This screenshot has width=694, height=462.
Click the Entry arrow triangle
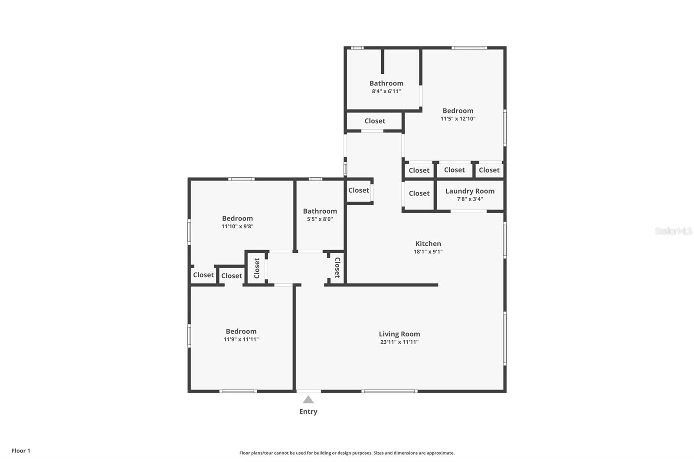click(x=308, y=400)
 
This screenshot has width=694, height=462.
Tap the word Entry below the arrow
click(x=308, y=412)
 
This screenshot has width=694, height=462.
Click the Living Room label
click(x=399, y=334)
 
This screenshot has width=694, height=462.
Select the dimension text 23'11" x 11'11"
click(x=399, y=342)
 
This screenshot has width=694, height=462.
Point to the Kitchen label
click(x=428, y=244)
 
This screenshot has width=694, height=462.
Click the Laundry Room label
click(x=470, y=191)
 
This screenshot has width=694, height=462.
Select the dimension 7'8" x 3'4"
click(x=470, y=199)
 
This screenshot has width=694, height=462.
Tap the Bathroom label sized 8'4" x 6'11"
click(x=386, y=83)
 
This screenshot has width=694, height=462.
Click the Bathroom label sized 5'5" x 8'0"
click(x=320, y=211)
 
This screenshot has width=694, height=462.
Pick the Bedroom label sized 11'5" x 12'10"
click(x=458, y=111)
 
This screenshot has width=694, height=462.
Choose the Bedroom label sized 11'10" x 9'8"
click(x=237, y=218)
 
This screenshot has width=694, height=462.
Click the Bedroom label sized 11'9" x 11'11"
click(x=241, y=331)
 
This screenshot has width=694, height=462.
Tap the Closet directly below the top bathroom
click(x=375, y=121)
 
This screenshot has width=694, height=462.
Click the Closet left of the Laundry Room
click(x=419, y=193)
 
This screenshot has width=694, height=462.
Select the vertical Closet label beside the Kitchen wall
click(x=337, y=267)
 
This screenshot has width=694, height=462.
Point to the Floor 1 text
click(x=21, y=451)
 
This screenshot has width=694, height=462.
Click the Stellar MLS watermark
click(x=673, y=231)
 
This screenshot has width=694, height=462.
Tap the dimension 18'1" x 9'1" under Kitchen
click(x=428, y=252)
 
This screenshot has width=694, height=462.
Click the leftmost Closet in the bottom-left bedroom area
click(x=203, y=275)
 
